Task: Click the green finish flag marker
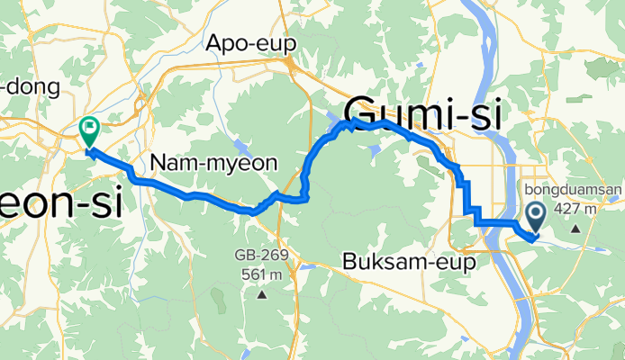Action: click(x=90, y=131)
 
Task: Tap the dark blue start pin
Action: click(x=535, y=215)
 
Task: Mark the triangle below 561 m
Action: click(x=262, y=294)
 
